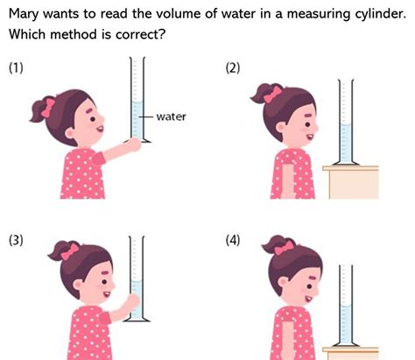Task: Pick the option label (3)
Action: (x=17, y=243)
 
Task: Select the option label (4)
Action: (x=232, y=243)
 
